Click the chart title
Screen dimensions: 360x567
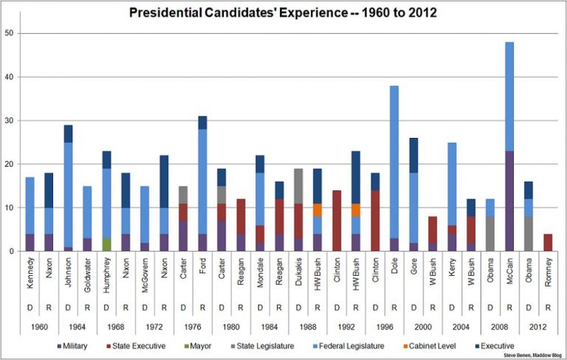283,13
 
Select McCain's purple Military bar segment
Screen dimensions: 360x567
510,201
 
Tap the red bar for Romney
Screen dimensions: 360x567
549,243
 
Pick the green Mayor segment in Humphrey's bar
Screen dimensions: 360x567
106,245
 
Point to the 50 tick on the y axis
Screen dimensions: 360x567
8,34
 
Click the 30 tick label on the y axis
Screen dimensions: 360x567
8,120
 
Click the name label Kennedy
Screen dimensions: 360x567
30,271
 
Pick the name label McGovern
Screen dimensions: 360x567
145,271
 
